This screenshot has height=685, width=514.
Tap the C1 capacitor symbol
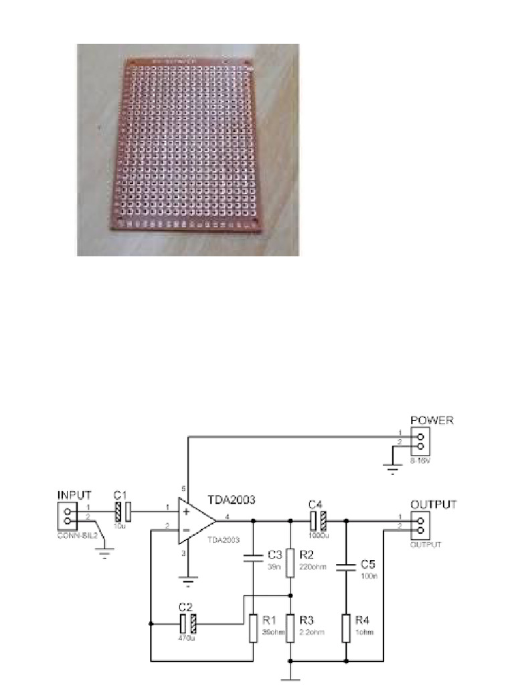pyautogui.click(x=123, y=513)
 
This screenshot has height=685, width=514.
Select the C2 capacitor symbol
pyautogui.click(x=187, y=624)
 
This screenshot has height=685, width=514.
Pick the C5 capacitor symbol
pyautogui.click(x=346, y=567)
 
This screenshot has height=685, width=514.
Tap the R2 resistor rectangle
pyautogui.click(x=290, y=563)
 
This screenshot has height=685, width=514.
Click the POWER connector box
pyautogui.click(x=422, y=443)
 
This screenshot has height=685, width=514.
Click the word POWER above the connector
pyautogui.click(x=432, y=421)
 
